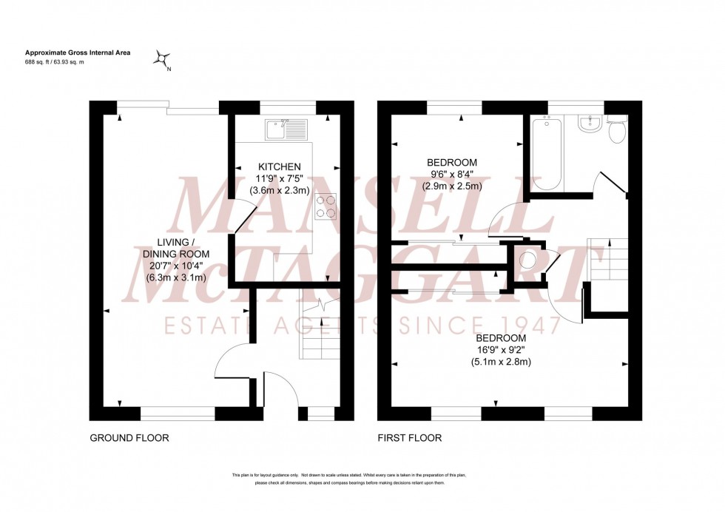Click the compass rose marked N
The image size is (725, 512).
click(163, 58)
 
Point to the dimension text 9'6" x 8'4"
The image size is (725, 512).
click(452, 175)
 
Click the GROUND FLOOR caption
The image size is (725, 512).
click(129, 438)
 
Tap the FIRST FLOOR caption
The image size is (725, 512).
click(409, 438)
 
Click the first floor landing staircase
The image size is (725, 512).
click(607, 258)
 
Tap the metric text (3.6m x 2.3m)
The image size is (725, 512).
click(280, 190)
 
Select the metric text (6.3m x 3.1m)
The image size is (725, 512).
click(175, 277)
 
